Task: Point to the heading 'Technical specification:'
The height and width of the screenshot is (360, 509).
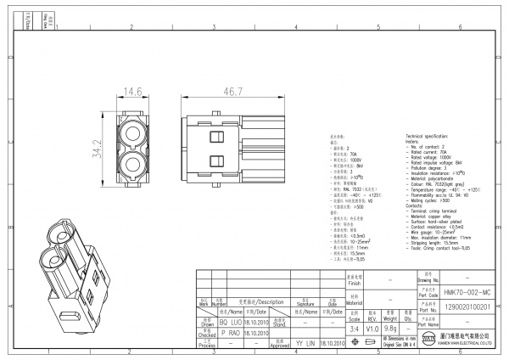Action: pyautogui.click(x=432, y=136)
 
